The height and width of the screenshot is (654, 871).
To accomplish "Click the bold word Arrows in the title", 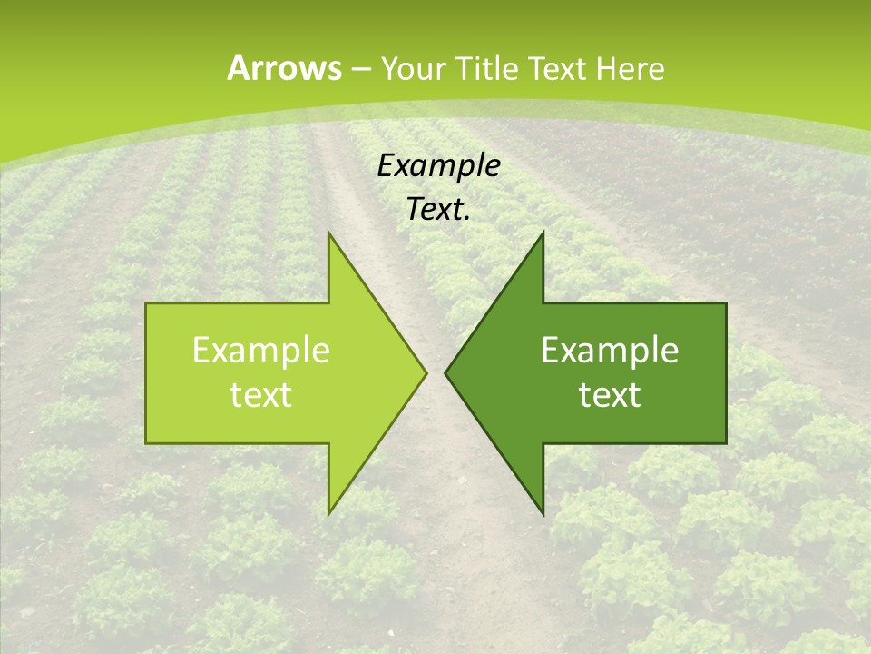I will tap(283, 68).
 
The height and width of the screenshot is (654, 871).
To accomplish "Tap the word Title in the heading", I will tap(487, 69).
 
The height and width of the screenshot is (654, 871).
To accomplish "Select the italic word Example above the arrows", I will tap(438, 166).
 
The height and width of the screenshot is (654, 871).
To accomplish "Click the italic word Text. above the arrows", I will tap(438, 209).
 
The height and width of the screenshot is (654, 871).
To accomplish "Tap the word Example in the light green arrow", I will tap(260, 350).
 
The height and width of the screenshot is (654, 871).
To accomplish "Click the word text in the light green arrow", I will tap(260, 394).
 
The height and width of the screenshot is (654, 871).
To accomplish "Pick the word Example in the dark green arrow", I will tap(610, 350).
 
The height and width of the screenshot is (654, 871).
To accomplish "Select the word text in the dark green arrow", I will tap(610, 394).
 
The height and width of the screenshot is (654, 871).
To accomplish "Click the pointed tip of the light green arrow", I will tap(426, 372).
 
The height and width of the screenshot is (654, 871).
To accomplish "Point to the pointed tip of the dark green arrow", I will tap(445, 372).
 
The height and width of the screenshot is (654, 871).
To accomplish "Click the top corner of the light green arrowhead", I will tap(328, 233).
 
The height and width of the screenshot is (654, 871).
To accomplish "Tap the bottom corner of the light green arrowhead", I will tap(328, 513).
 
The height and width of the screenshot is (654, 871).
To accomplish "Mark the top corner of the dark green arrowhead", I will tap(543, 233).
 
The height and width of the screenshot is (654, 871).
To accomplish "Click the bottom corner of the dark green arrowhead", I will tap(543, 513).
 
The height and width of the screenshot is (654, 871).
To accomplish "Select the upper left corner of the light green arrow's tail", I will tap(146, 303).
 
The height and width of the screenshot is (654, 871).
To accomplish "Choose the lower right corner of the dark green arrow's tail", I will tap(726, 442).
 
